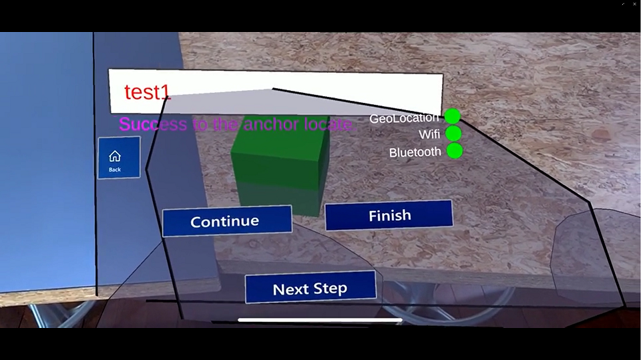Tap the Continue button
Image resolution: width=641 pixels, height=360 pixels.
[x=224, y=221]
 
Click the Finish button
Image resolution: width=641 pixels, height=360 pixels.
[x=389, y=216]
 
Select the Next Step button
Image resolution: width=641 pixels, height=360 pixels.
[x=310, y=289]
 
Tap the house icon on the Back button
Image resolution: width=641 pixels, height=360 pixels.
[x=115, y=156]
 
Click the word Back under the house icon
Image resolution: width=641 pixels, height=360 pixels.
[x=115, y=170]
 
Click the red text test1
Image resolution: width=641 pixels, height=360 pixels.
[x=148, y=92]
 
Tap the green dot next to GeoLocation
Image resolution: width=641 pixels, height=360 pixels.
[x=453, y=117]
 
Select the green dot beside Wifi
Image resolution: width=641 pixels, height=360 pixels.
[x=453, y=134]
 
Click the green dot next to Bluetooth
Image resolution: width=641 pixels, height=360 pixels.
[x=454, y=151]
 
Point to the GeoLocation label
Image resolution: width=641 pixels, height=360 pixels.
[x=405, y=119]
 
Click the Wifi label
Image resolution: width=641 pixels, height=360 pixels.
[x=429, y=134]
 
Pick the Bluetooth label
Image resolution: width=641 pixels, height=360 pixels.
[x=415, y=152]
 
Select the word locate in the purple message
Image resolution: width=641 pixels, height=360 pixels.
[x=327, y=124]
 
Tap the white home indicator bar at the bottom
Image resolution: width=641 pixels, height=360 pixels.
[x=320, y=320]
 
